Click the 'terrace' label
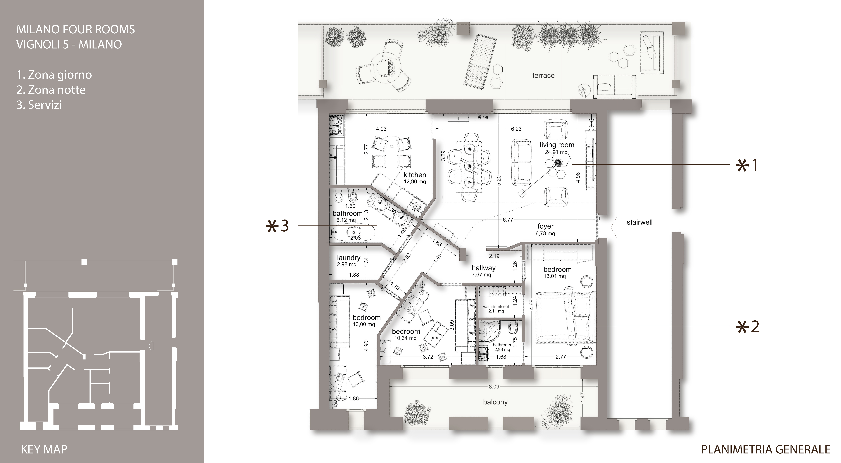point(543,75)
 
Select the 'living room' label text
point(557,145)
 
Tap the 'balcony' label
point(495,402)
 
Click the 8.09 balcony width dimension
point(494,387)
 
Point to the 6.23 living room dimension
point(516,129)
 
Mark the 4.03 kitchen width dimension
point(381,129)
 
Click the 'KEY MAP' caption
point(44,449)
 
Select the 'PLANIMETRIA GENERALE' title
point(766,449)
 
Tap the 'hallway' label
point(484,268)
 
